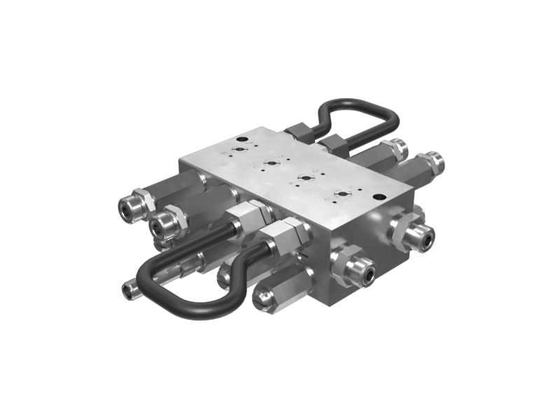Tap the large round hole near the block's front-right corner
coord(378,197)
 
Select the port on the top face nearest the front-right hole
coord(341,193)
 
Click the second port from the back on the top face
coord(269,164)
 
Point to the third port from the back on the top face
coord(304,178)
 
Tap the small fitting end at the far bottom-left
coord(128,289)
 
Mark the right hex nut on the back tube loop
coord(333,145)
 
